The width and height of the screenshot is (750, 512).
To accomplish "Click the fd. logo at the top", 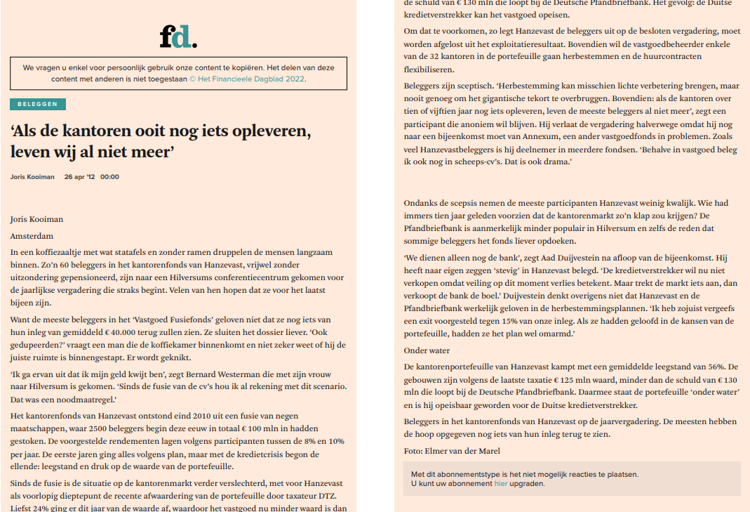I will click(x=178, y=37).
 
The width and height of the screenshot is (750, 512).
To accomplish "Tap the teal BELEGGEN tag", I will click(x=38, y=105).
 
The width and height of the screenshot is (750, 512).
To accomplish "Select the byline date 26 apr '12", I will click(x=79, y=177).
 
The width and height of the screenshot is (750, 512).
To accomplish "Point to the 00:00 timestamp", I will click(x=110, y=177).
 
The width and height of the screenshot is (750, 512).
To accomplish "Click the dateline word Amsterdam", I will click(x=32, y=236).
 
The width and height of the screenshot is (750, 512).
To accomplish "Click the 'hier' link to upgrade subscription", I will click(x=500, y=483).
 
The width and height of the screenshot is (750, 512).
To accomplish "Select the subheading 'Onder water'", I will click(x=427, y=350).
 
